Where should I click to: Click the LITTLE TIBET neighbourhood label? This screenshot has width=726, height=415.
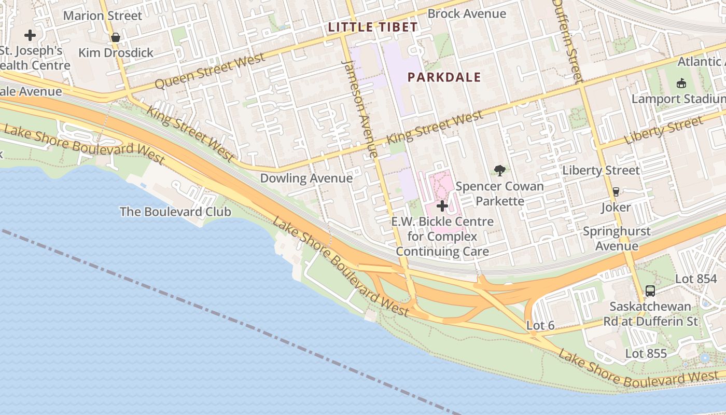[373, 27]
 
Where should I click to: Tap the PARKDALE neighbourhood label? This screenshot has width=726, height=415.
[444, 77]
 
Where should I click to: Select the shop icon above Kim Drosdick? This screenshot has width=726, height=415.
[116, 37]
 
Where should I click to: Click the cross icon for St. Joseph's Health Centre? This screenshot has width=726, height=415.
[30, 35]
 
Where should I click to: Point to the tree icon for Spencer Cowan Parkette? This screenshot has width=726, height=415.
[500, 170]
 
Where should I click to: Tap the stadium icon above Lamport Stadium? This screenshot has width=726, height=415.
[681, 83]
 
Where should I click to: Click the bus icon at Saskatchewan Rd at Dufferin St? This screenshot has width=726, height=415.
[650, 290]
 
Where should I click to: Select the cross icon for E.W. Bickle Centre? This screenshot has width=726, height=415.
[442, 206]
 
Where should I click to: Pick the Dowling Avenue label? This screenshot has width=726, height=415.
[306, 178]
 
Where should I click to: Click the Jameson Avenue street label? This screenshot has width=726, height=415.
[359, 108]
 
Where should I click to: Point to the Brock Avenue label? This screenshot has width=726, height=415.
[466, 13]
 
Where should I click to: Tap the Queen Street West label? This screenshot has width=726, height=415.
[210, 72]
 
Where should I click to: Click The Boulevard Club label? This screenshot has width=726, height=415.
[175, 212]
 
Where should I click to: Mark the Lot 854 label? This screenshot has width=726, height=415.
[695, 279]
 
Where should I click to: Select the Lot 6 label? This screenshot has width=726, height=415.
[540, 326]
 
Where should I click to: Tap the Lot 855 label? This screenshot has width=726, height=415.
[646, 354]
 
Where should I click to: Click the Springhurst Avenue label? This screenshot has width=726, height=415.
[616, 238]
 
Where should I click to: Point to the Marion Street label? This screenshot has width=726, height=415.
[102, 16]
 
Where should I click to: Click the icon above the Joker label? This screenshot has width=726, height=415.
[616, 191]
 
